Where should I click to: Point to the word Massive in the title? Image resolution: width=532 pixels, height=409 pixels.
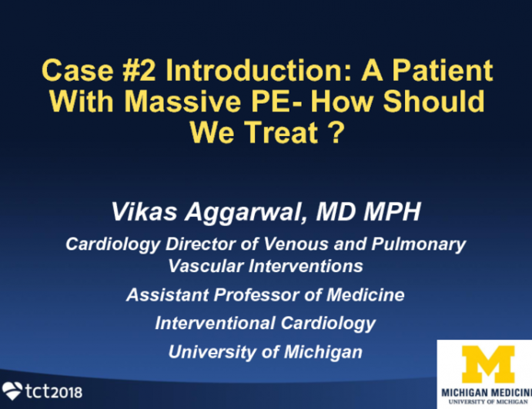[x=202, y=103]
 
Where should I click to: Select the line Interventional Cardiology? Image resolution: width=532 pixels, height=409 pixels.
[x=266, y=323]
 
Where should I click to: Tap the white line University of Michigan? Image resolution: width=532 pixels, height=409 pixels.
[x=266, y=351]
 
